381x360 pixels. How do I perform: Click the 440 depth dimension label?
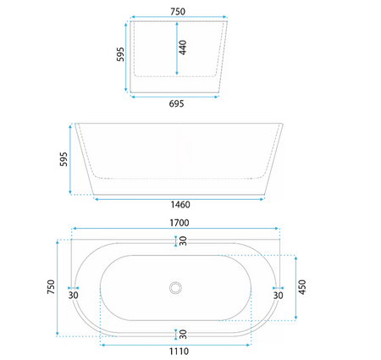pos(183,47)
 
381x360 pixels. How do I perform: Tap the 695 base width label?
pos(176,104)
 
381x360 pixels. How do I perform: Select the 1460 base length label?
pos(180,204)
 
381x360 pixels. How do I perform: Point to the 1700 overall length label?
pos(179,223)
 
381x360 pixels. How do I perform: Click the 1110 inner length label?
pos(179,352)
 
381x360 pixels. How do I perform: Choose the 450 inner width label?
pos(302,287)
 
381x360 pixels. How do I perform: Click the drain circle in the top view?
pos(175,288)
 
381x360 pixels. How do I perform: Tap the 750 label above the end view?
pos(178,12)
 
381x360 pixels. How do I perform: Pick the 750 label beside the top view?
pos(51,287)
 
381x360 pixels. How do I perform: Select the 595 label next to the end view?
pos(120,54)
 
